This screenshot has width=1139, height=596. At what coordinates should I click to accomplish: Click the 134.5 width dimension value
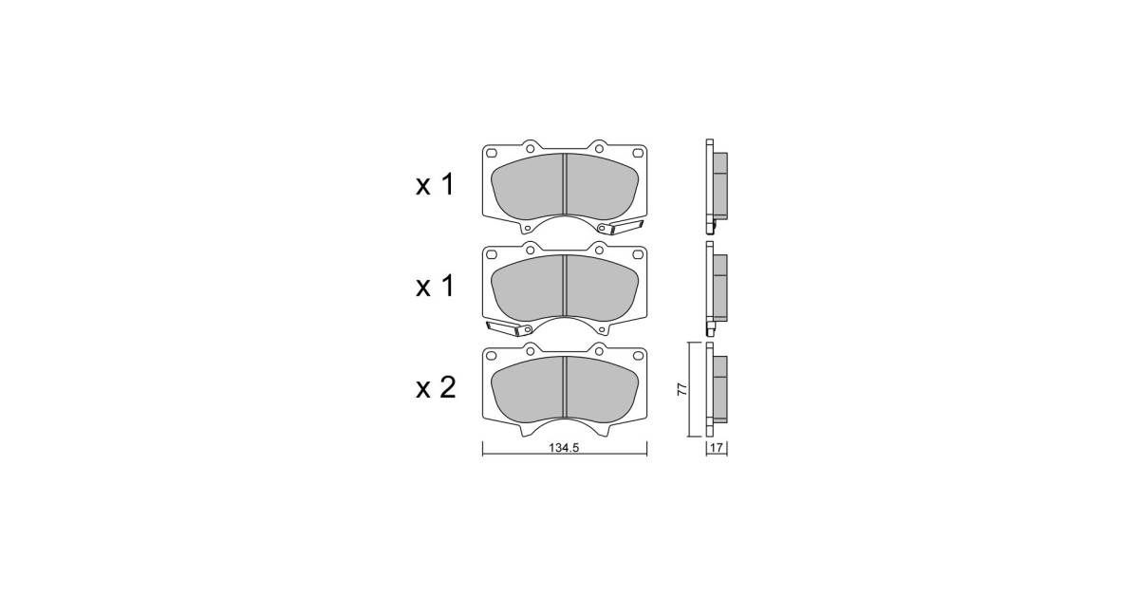pyautogui.click(x=564, y=448)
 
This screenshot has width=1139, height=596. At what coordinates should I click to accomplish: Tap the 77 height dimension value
pyautogui.click(x=682, y=389)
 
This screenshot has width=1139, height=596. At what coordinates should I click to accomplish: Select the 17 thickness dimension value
pyautogui.click(x=717, y=448)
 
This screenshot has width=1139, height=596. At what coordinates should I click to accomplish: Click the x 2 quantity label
pyautogui.click(x=436, y=388)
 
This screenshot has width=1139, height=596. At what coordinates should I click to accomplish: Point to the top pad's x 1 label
pyautogui.click(x=435, y=185)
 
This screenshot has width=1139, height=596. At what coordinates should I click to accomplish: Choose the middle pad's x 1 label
pyautogui.click(x=435, y=287)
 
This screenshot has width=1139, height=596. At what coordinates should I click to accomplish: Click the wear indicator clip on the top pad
pyautogui.click(x=622, y=227)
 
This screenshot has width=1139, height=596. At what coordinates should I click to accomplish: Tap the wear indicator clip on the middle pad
pyautogui.click(x=509, y=329)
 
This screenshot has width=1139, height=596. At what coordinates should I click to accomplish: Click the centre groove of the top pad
pyautogui.click(x=565, y=184)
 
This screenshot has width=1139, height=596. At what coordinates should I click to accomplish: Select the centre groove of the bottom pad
pyautogui.click(x=565, y=387)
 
